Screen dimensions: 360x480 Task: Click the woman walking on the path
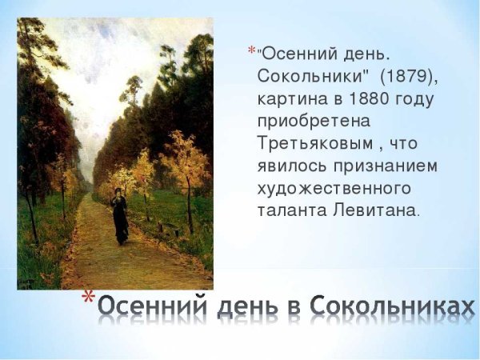click(120, 216)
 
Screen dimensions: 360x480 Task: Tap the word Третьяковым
click(307, 145)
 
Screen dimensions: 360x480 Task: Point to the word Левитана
click(378, 211)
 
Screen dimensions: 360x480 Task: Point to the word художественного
click(334, 190)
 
